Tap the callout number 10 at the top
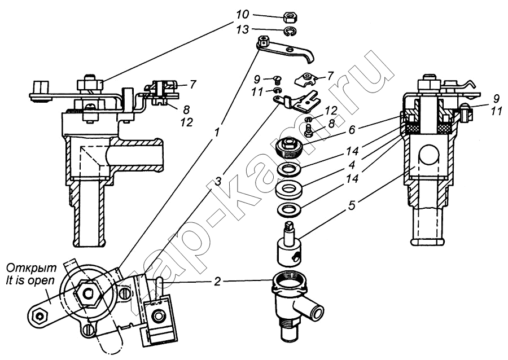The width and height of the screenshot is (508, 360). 242,15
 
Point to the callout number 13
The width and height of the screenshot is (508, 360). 242,29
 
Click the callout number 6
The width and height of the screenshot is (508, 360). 352,130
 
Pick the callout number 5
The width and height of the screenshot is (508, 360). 352,205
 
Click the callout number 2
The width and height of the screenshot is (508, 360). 218,282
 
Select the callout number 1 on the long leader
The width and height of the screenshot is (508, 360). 217,132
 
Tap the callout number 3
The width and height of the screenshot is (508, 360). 218,182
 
